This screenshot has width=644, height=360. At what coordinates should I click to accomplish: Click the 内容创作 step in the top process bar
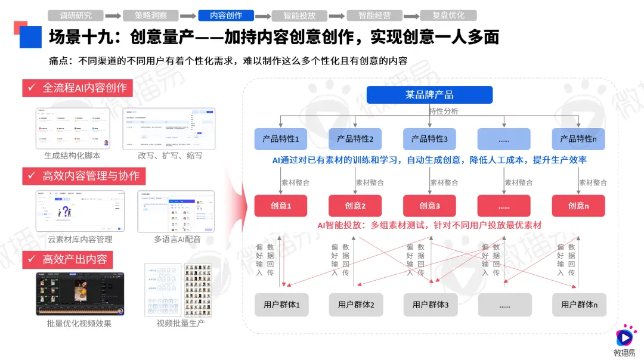(x=226, y=15)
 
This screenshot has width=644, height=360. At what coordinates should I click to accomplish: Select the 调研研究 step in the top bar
(x=76, y=15)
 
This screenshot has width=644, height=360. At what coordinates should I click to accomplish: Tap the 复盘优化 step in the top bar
(x=448, y=15)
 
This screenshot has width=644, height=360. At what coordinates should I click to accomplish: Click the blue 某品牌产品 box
(x=429, y=95)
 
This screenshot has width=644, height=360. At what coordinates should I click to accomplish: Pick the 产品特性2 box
(x=355, y=139)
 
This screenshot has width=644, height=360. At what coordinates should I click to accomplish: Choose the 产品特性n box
(x=578, y=139)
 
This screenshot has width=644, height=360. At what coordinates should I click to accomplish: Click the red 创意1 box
(x=280, y=206)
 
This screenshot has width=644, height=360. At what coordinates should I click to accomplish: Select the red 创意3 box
(x=429, y=206)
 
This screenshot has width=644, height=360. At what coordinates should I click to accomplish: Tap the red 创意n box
(x=578, y=206)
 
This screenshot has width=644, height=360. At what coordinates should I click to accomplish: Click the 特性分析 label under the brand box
(x=444, y=111)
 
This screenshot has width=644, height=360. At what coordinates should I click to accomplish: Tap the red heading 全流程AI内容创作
(x=78, y=88)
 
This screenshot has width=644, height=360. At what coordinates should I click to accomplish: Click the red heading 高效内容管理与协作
(x=84, y=176)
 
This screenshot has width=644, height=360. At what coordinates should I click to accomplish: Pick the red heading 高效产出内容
(x=68, y=259)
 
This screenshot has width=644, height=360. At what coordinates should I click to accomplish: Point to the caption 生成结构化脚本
(x=72, y=156)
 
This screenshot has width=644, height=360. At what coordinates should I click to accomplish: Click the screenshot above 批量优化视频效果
(x=80, y=294)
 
